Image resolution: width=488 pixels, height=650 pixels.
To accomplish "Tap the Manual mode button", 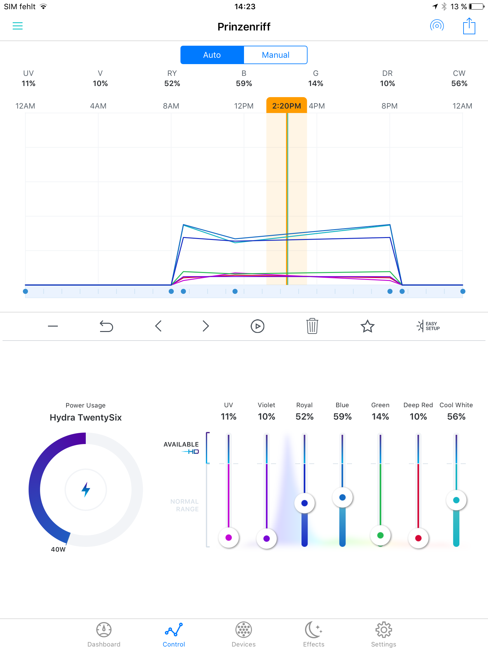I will tap(275, 55).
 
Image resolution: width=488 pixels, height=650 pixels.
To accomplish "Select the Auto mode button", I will tap(212, 55).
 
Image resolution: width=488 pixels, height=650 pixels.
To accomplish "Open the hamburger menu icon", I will tap(17, 26).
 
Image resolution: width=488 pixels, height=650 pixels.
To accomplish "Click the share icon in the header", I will tap(469, 26).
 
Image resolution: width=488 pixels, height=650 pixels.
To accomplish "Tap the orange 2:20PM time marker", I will tap(287, 106).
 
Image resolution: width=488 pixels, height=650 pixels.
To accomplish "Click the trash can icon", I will tap(312, 326).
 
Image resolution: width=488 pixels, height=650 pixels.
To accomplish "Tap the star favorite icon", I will tap(368, 326).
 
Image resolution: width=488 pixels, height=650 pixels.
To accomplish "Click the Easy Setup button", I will tap(428, 326).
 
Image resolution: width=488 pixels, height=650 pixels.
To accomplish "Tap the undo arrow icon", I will tap(106, 326).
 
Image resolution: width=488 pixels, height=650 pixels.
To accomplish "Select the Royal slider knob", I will tap(304, 503).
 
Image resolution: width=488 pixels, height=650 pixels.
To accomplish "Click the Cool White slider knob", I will tap(456, 500).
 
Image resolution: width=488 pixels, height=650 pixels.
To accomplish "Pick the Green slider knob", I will tap(380, 535).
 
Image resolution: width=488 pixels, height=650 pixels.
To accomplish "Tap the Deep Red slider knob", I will tap(418, 538).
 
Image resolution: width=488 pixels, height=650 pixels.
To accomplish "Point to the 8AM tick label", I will tap(171, 106).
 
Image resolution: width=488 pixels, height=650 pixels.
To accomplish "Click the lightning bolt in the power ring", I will tap(86, 489).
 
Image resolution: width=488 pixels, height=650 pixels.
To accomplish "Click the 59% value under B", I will tap(244, 83).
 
